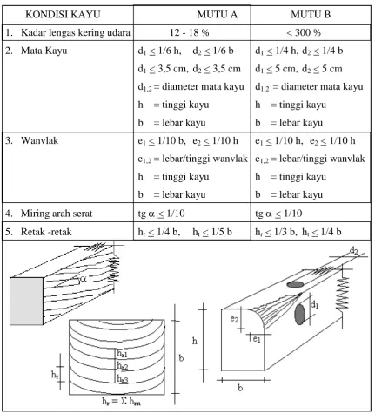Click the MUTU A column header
[x=218, y=15]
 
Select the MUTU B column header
[x=311, y=15]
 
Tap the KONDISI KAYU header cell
[x=63, y=15]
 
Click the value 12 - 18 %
[x=190, y=32]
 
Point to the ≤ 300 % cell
[x=304, y=32]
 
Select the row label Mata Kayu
[x=44, y=51]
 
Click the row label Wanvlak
[x=39, y=140]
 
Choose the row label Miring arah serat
[x=57, y=214]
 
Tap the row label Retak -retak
[x=46, y=232]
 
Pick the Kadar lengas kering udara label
[x=76, y=32]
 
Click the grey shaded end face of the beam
[x=26, y=301]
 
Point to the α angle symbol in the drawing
[x=84, y=279]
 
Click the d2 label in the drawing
[x=353, y=250]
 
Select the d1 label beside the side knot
[x=314, y=304]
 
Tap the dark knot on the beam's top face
[x=295, y=284]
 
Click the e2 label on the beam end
[x=234, y=319]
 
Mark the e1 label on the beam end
[x=257, y=339]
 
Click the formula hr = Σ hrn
[x=121, y=401]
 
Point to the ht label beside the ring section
[x=55, y=375]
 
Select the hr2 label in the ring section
[x=123, y=366]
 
